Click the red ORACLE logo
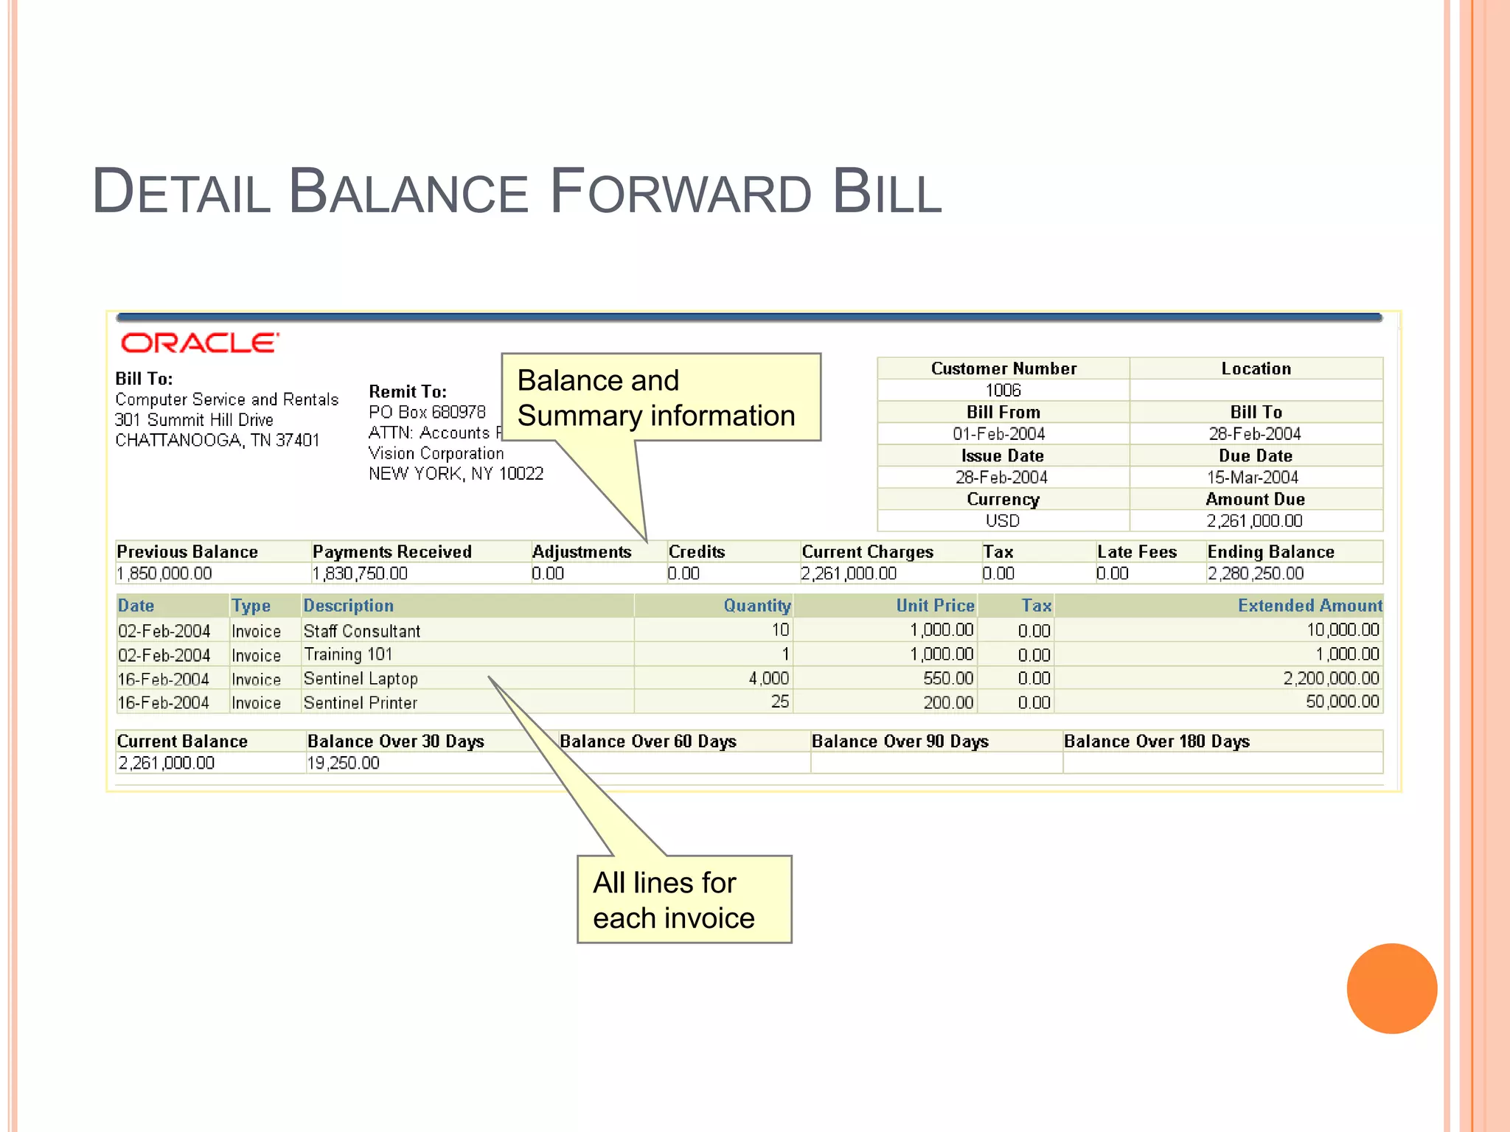coord(200,343)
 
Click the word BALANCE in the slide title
coord(408,192)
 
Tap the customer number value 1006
coord(1003,391)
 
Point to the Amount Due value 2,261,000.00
coord(1254,521)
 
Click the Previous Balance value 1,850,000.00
coord(164,573)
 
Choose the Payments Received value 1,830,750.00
coord(360,573)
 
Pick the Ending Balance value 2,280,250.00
coord(1255,573)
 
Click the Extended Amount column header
coord(1309,606)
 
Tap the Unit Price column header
coord(935,606)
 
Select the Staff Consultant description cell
coord(362,631)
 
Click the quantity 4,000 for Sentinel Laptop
coord(768,678)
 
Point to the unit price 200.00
coord(948,702)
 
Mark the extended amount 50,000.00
coord(1342,702)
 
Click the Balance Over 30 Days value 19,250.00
coord(344,763)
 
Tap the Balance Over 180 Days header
coord(1156,741)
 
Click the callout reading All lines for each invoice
coord(683,900)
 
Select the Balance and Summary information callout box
coord(660,398)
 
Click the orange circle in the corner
coord(1391,988)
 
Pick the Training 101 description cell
coord(348,654)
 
